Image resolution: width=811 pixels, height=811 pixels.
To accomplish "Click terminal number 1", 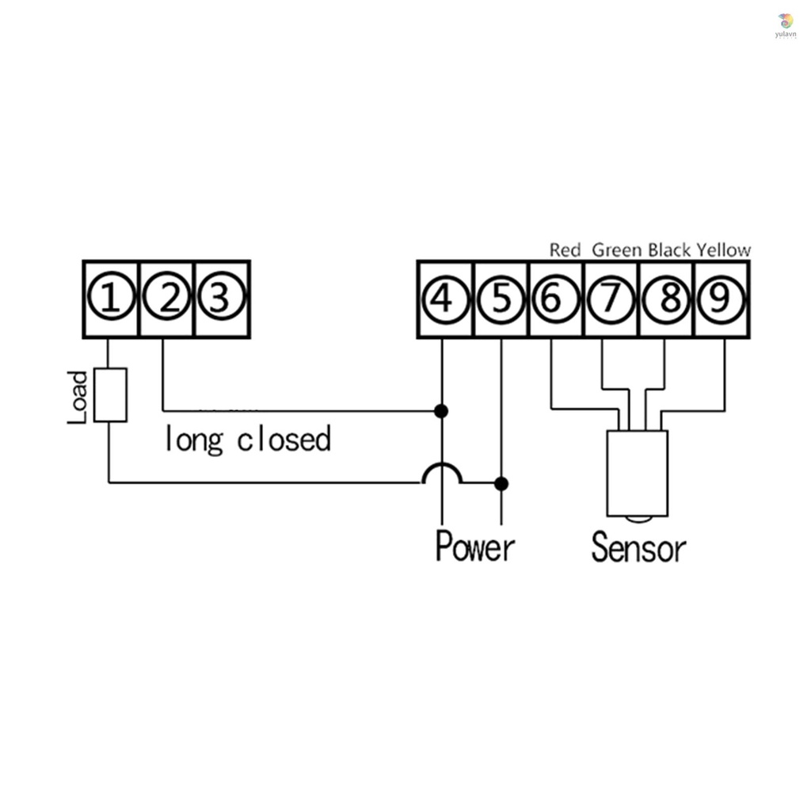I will [x=111, y=299].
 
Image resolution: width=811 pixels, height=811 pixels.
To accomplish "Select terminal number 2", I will [x=167, y=299].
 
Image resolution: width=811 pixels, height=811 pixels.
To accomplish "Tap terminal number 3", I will [x=221, y=299].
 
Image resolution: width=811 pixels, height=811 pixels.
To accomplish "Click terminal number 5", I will [x=501, y=299].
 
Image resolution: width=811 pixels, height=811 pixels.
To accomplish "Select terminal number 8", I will [x=668, y=299].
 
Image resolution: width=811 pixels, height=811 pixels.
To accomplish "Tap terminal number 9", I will [x=722, y=299].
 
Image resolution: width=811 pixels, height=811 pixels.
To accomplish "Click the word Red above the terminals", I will [x=565, y=250].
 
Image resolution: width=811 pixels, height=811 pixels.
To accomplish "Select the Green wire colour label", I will [x=618, y=250].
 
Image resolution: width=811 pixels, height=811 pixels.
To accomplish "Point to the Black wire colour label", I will [x=670, y=250].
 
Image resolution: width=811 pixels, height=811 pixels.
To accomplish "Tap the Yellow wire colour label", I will [x=724, y=250].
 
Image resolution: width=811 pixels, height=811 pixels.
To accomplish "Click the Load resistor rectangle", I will [x=110, y=394].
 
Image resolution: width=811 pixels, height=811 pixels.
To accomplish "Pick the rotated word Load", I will [x=78, y=398].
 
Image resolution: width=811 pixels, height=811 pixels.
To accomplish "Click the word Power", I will [x=475, y=547].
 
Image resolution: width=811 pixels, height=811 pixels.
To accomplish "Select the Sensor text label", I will [x=638, y=547].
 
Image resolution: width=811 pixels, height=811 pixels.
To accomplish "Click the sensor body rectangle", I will [x=638, y=473].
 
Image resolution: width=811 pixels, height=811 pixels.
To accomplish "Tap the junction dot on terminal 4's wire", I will [x=442, y=411].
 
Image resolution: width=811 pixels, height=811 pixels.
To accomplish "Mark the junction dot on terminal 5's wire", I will [x=501, y=483].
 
